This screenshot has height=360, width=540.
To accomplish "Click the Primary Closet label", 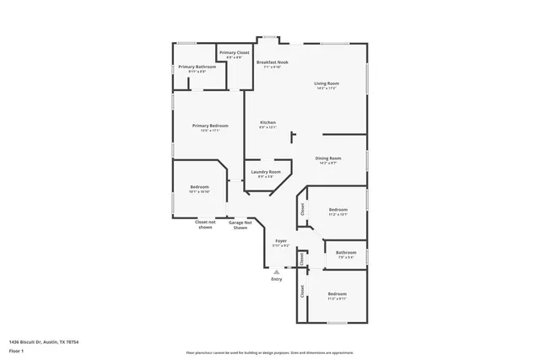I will coord(235,53).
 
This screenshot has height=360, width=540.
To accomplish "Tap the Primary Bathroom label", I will coord(196,67).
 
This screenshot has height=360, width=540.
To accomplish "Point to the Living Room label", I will coord(326,83).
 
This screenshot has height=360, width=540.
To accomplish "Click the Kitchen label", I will coord(267,122).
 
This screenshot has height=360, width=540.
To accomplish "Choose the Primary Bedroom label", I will coord(210,126).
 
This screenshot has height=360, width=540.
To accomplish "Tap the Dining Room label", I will coord(327,159).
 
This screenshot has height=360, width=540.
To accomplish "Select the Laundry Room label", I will coord(266,172).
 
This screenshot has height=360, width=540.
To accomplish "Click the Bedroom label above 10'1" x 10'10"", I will coord(199,186).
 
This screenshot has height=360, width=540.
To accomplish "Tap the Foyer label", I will coord(281,241).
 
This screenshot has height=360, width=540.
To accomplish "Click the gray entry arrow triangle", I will coord(277,271).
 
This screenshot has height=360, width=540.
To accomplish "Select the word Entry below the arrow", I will coord(277,279).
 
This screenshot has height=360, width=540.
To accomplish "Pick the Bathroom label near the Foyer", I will coord(346,252).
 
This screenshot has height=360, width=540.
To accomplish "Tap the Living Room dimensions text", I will coord(326,89).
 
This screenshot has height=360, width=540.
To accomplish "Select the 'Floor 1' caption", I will coord(16,350).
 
